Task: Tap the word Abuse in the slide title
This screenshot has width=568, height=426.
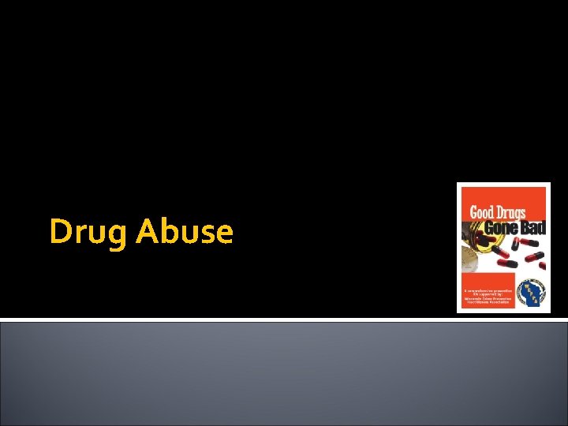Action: tap(185, 231)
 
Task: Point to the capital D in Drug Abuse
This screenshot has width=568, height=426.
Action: tap(60, 231)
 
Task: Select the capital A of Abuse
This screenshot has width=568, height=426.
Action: tap(147, 231)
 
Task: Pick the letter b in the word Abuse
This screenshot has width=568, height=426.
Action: tap(166, 231)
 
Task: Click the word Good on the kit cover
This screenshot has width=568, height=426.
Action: tap(484, 212)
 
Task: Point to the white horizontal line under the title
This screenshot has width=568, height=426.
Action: tap(284, 319)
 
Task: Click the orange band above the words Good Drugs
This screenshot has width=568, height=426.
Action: tap(503, 194)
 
